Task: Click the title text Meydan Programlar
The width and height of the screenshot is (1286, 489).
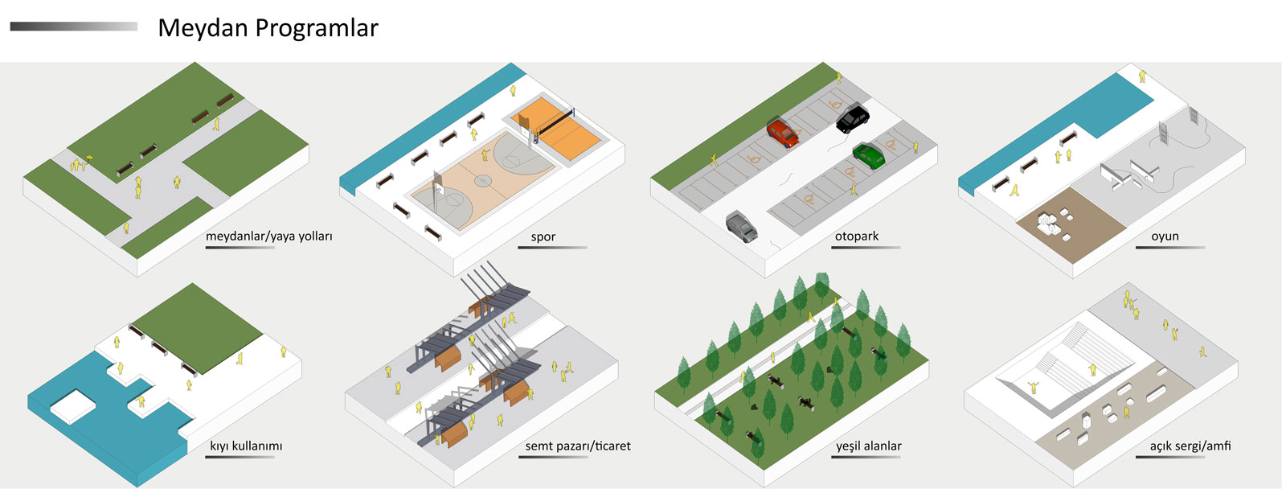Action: [268, 28]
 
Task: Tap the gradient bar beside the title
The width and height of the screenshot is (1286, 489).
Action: [74, 27]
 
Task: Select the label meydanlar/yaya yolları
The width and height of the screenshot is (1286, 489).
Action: [268, 236]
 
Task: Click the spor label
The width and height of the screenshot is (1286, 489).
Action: [543, 236]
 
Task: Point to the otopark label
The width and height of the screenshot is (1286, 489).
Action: [857, 236]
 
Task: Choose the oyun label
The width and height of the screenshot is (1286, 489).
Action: [1165, 236]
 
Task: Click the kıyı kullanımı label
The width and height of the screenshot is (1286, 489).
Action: [246, 446]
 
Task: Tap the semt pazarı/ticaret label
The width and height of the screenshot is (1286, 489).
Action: [578, 446]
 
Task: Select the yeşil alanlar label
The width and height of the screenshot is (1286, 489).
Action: [869, 446]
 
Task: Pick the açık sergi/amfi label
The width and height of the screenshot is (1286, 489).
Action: [1190, 446]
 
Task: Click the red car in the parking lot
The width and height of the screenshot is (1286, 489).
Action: [783, 133]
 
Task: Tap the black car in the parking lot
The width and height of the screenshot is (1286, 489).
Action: [853, 117]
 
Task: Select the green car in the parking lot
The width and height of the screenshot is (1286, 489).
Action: [869, 155]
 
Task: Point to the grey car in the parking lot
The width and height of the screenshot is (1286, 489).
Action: [742, 226]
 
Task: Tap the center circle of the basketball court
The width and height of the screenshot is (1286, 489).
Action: [483, 180]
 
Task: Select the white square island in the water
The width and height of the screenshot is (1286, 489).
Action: [73, 405]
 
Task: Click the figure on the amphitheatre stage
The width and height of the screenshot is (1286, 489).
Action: [1034, 388]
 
